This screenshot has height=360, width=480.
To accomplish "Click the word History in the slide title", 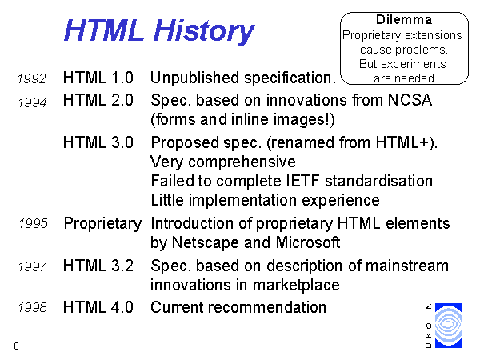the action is (x=204, y=31).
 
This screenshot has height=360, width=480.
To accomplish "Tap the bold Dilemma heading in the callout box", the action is (x=404, y=20).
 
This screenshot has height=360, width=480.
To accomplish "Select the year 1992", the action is (x=32, y=78).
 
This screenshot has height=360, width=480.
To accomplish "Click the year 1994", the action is (x=33, y=102).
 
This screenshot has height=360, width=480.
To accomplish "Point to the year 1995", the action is (x=34, y=223).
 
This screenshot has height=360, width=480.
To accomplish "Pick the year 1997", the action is (x=33, y=266).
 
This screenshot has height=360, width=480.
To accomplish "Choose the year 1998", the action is (x=33, y=307).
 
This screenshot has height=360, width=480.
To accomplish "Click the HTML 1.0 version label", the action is (x=98, y=78).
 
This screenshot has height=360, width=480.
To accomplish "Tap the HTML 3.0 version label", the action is (x=98, y=142).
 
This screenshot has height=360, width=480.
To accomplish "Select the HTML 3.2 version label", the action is (x=98, y=266).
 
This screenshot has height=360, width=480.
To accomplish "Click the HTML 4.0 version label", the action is (x=98, y=307).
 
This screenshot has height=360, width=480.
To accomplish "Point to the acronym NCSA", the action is (x=410, y=100).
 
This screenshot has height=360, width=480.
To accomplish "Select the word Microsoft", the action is (x=308, y=242).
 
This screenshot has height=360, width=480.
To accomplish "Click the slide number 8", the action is (x=16, y=346).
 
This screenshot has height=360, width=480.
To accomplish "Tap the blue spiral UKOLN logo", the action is (x=449, y=326).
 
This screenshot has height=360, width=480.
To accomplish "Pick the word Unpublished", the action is (x=195, y=78).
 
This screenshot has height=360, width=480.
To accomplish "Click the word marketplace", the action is (x=296, y=286).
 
